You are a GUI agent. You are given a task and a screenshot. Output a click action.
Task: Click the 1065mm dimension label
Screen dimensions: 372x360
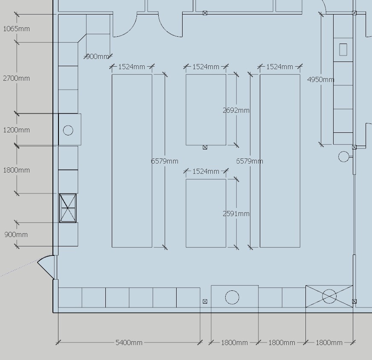coord(16,29)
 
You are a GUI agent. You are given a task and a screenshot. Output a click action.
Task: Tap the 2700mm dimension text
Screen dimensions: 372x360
coord(16,78)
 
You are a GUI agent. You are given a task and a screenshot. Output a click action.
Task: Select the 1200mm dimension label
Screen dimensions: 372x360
coord(16,130)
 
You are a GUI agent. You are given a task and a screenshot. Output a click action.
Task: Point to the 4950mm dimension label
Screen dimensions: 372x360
coord(320,79)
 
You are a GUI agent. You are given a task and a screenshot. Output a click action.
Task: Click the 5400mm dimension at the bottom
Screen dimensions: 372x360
coord(129,342)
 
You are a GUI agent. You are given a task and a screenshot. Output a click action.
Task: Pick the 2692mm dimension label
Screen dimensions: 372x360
coord(236,110)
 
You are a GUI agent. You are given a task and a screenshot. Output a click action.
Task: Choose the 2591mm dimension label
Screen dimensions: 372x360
coord(236,214)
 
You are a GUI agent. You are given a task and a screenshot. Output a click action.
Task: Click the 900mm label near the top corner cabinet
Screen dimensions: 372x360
coord(98,56)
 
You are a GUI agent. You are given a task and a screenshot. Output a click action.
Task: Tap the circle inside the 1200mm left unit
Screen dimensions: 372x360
coord(68,130)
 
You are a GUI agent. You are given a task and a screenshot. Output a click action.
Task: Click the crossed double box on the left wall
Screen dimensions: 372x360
coord(68,208)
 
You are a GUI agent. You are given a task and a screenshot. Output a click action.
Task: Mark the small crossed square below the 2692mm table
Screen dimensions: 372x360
coord(205,147)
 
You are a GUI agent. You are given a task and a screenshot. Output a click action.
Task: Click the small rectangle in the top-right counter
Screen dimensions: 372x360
coord(343,50)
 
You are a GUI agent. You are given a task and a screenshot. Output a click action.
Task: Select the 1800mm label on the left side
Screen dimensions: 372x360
coord(16,170)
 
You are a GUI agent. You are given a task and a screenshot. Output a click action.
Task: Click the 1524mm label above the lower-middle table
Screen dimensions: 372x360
coord(206,171)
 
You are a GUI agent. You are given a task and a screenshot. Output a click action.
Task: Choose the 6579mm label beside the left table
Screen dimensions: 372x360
coord(165,161)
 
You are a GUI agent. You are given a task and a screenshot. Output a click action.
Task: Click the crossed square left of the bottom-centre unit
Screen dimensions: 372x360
coord(205,301)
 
